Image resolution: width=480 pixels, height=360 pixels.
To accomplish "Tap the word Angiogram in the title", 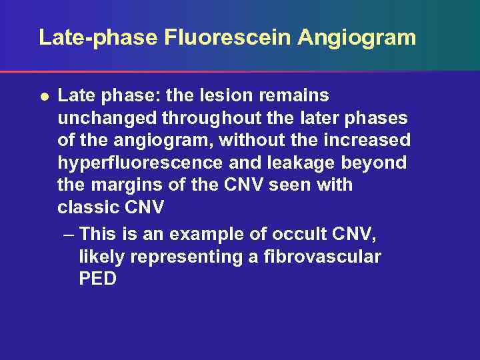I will tap(357, 37).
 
